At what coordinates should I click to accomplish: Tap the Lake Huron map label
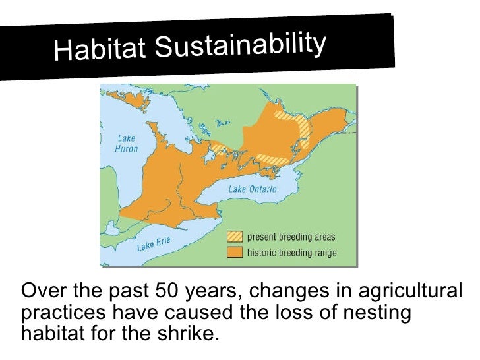pyautogui.click(x=126, y=144)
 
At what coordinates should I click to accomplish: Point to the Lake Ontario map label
pyautogui.click(x=253, y=189)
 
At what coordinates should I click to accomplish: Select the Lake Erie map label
pyautogui.click(x=153, y=245)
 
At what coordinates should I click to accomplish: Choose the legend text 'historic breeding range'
pyautogui.click(x=291, y=253)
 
